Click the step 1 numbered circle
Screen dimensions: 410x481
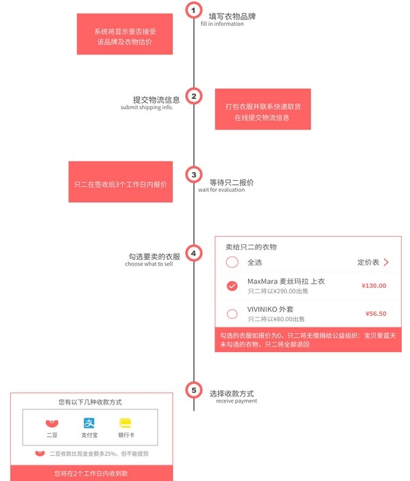[193, 10]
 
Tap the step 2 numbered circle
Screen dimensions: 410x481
[193, 96]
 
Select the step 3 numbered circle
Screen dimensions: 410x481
[193, 175]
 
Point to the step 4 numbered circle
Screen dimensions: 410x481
[193, 253]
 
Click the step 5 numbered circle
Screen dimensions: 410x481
[193, 390]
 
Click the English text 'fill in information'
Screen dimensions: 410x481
[222, 24]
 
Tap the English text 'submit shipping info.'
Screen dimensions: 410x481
[147, 107]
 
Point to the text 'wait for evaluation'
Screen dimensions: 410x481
[221, 190]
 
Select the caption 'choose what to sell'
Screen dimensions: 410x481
[149, 264]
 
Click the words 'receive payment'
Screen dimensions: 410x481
[236, 401]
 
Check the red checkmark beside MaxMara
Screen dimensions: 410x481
[232, 286]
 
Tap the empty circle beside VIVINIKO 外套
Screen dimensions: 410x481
[232, 314]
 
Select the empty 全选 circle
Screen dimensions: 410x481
[232, 262]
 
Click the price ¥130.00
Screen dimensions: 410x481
[374, 286]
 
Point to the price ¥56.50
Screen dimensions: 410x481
[376, 314]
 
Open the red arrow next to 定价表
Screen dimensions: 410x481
[386, 262]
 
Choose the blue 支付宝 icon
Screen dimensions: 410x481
[89, 423]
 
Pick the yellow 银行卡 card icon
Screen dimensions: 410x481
[126, 423]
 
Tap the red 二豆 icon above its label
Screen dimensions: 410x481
[52, 423]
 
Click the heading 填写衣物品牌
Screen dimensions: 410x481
[232, 16]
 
